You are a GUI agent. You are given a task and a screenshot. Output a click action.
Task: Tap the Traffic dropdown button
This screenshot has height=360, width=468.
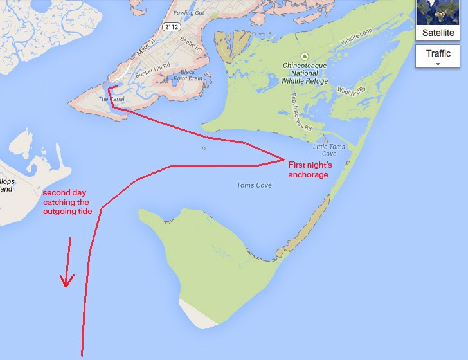[x=438, y=56]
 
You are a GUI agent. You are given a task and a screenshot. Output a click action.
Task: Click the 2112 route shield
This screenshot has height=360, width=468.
[x=170, y=27]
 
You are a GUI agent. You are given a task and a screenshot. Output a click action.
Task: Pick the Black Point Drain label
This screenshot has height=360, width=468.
[x=192, y=75]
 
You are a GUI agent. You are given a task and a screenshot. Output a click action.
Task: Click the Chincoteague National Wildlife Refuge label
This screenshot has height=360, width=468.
[x=305, y=73]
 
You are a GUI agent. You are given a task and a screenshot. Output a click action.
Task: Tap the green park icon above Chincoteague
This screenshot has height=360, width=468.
[x=305, y=56]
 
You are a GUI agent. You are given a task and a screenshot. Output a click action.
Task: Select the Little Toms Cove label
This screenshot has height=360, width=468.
[x=329, y=150]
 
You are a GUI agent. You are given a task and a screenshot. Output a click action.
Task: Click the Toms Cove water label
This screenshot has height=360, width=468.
[x=254, y=185]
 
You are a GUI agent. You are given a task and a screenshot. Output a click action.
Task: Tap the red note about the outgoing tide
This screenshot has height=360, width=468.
[x=67, y=202]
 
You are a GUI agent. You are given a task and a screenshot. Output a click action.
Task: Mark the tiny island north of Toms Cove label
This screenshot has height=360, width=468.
[x=203, y=149]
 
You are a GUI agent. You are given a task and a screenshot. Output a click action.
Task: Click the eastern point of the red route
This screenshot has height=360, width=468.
[x=283, y=158]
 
